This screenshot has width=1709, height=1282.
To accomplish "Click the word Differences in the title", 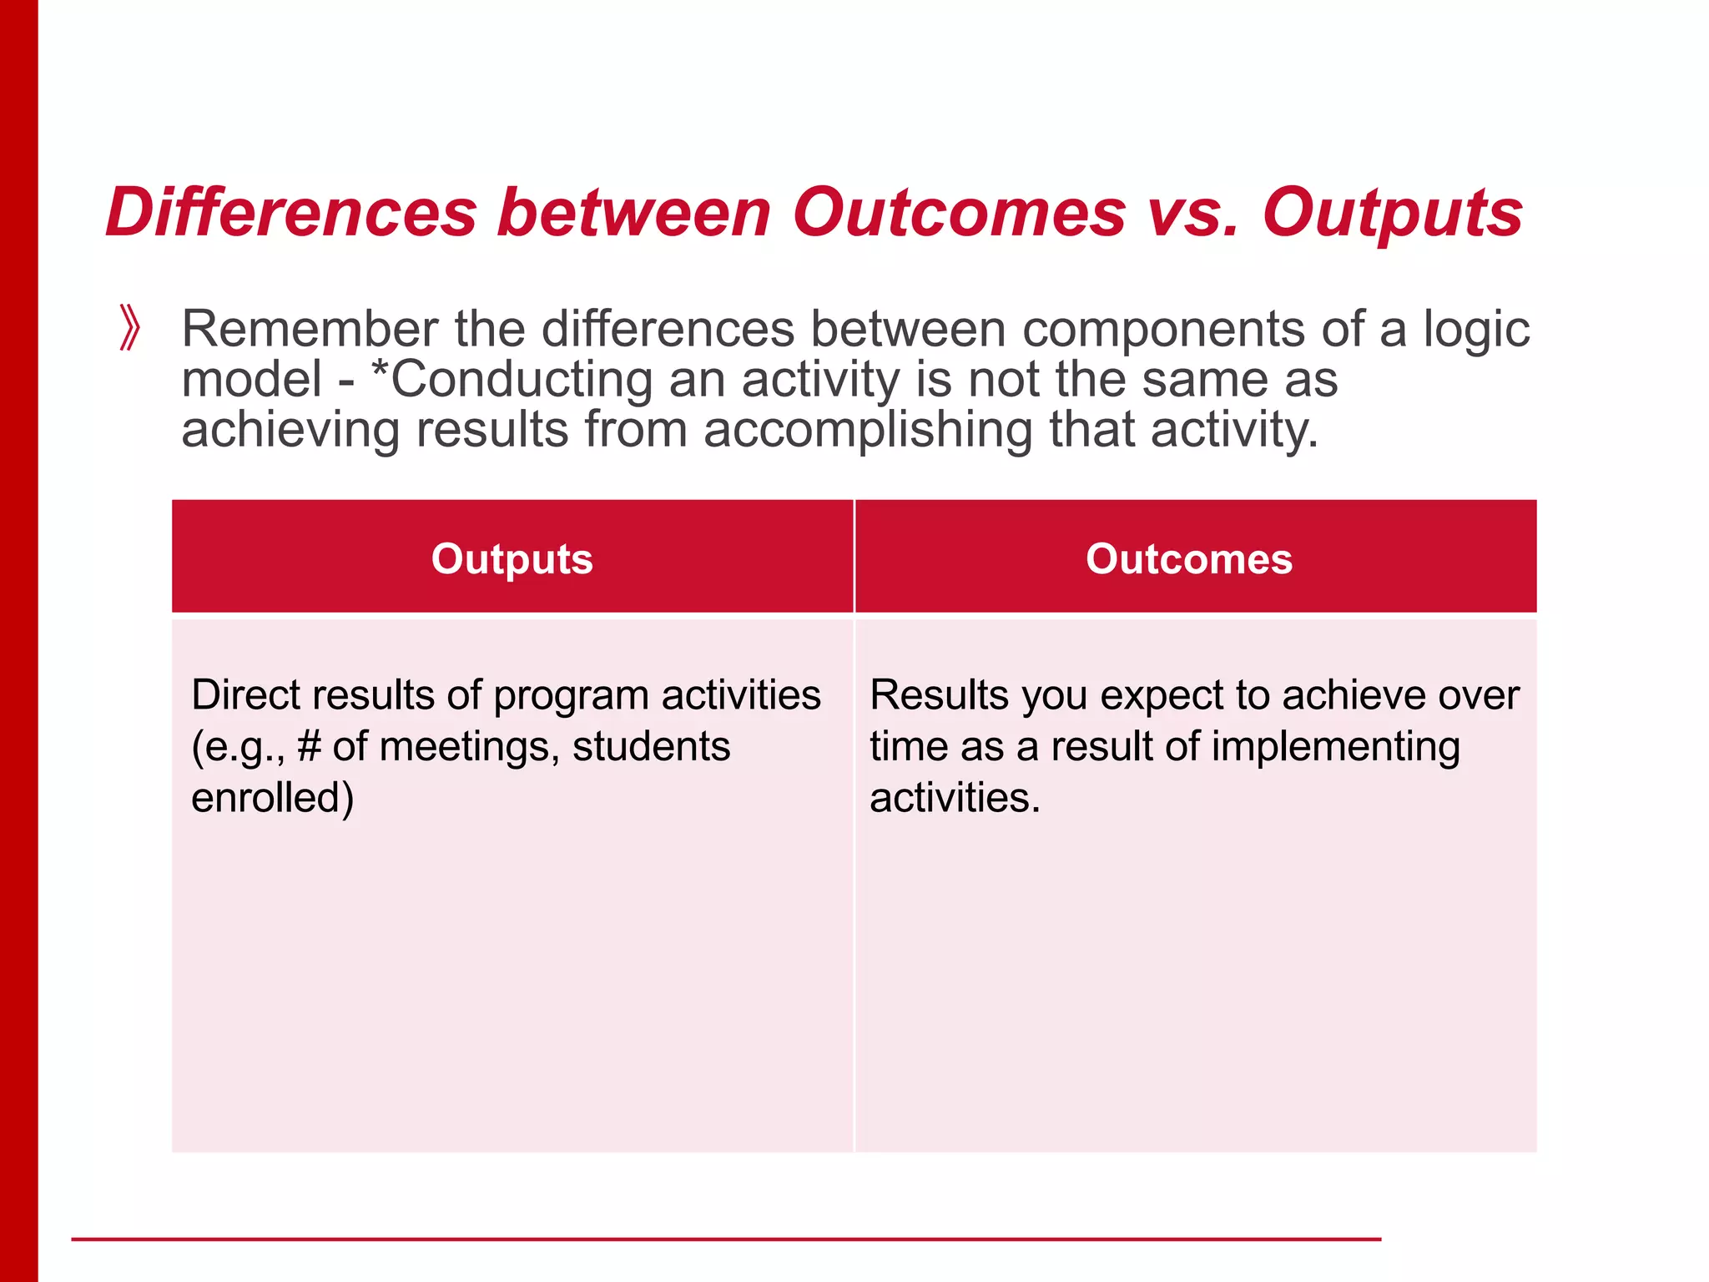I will tap(291, 213).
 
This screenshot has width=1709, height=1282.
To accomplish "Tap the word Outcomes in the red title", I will tap(959, 213).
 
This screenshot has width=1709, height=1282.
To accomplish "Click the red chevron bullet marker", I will tap(129, 328).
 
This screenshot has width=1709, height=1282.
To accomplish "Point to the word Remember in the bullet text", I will tap(310, 329).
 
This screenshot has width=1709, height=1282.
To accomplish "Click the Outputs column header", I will tap(512, 558).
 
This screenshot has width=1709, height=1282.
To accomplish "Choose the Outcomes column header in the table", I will tap(1188, 558).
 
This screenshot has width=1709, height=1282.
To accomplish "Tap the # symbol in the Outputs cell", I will tap(309, 746).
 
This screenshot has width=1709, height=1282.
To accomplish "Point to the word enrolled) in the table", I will tap(273, 798).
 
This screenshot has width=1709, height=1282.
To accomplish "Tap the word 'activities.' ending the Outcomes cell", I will tap(955, 798).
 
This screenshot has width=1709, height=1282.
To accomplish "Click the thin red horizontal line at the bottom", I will tap(726, 1239).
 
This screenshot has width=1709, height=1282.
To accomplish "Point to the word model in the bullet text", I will tap(251, 380).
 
